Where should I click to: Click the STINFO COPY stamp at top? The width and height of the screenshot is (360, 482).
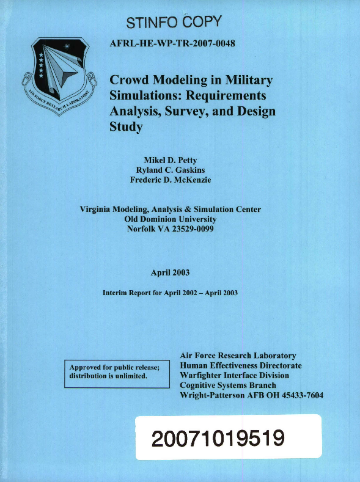point(172,24)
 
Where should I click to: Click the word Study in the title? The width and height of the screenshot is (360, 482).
point(126,127)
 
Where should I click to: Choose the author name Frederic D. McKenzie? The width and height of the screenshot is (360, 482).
point(171,180)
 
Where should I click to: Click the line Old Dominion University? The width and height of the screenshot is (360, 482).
point(171,219)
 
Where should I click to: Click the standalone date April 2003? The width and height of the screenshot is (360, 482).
point(171,272)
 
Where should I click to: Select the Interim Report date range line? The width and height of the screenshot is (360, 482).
point(170,293)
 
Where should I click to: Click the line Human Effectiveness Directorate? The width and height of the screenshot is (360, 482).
point(241,365)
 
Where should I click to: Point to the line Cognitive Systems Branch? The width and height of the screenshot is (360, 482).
point(228,385)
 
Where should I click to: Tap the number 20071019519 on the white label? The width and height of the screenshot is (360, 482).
point(227,437)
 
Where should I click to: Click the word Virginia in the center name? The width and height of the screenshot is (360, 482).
point(98,209)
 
